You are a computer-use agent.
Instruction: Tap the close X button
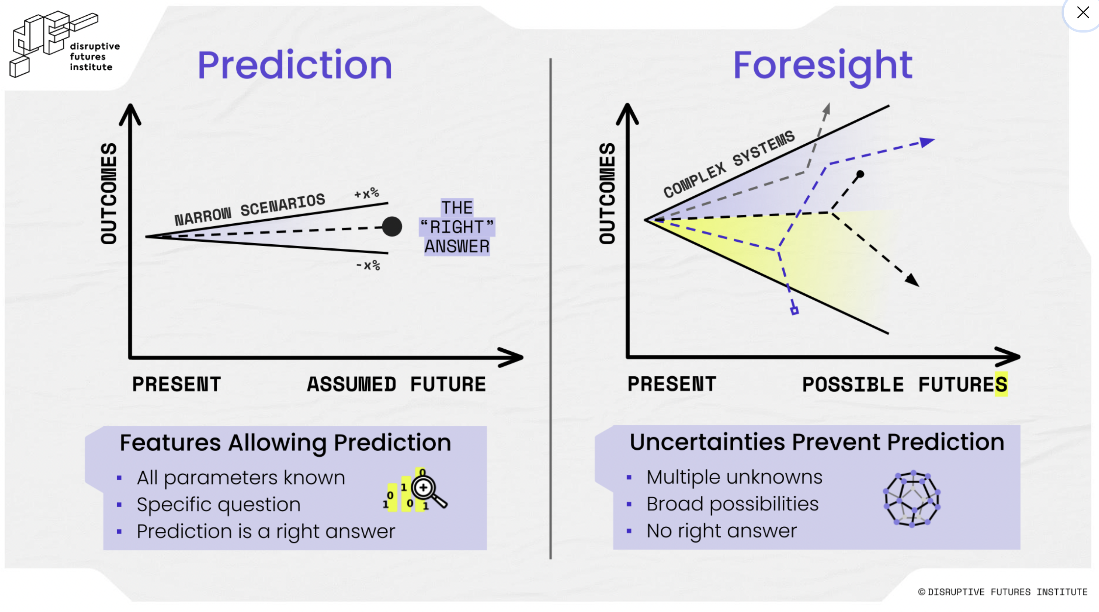[1083, 12]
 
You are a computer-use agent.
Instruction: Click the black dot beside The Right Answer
[392, 226]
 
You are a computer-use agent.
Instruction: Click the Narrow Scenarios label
[250, 209]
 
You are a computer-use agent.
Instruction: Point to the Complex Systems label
[729, 163]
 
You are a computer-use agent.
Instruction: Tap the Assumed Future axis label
[396, 384]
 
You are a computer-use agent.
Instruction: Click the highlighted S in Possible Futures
[1001, 384]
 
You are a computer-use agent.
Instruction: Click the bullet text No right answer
[721, 531]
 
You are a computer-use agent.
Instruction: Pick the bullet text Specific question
[219, 505]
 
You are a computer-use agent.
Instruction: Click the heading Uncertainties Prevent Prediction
[816, 442]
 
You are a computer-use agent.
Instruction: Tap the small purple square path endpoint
[794, 310]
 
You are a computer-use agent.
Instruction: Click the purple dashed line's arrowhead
[927, 142]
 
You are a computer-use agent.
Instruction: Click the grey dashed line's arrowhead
[827, 109]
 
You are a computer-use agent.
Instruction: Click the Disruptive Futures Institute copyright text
[1002, 592]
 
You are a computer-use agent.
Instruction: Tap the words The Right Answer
[457, 227]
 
